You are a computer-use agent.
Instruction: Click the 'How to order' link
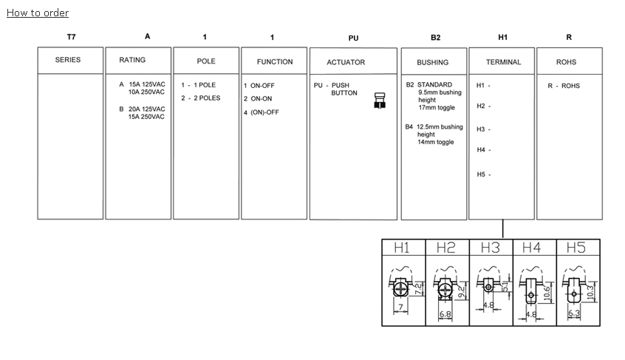pos(38,13)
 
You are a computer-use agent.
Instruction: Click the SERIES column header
pos(68,60)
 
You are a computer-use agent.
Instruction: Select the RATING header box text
pos(133,60)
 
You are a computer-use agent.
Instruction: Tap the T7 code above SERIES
pos(71,36)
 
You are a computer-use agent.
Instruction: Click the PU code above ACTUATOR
pos(353,38)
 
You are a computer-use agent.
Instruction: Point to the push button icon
pos(380,101)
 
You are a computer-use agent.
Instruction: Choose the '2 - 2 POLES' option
pos(200,98)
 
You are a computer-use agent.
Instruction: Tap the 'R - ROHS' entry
pos(564,86)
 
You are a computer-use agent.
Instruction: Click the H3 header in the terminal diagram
pos(491,248)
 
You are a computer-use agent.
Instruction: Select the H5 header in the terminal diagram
pos(577,248)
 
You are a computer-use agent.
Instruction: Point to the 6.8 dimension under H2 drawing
pos(445,314)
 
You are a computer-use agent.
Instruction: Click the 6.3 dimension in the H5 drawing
pos(574,313)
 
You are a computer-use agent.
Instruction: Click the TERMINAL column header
pos(503,62)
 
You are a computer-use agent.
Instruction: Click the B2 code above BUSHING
pos(436,37)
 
